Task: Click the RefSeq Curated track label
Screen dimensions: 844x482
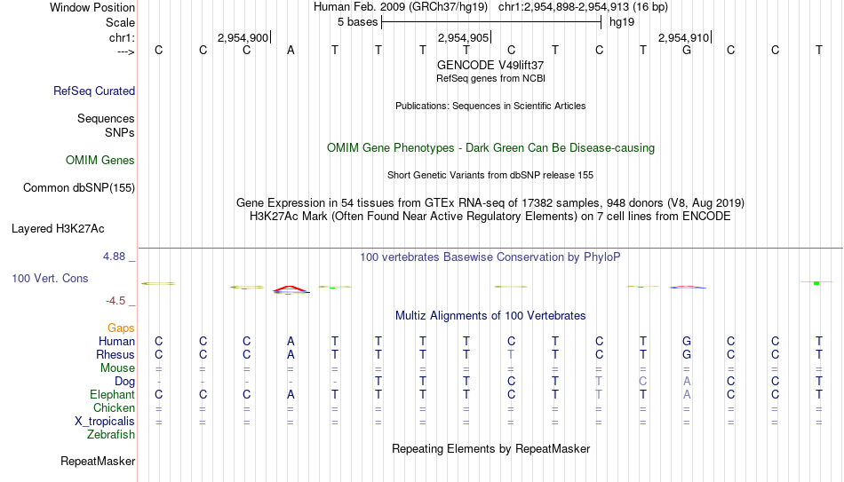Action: point(94,91)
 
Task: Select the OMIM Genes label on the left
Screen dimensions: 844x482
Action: point(100,161)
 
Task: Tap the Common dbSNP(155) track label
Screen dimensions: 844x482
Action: point(79,188)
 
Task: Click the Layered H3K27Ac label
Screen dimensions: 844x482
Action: point(58,229)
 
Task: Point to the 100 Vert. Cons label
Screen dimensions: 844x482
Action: point(50,278)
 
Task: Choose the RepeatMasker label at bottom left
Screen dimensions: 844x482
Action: point(98,461)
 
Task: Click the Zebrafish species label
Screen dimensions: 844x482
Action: point(111,434)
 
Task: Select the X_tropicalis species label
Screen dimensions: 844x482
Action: point(105,422)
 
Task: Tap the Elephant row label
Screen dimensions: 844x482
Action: point(113,394)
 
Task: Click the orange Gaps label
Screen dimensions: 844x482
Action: point(121,328)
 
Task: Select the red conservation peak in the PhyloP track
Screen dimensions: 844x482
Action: point(291,289)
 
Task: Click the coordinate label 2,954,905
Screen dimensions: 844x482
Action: point(464,37)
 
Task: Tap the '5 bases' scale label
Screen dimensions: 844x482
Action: point(357,22)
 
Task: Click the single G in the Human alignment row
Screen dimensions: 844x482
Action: point(687,341)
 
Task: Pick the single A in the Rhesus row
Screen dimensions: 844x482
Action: point(291,354)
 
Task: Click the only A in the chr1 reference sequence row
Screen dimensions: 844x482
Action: point(291,50)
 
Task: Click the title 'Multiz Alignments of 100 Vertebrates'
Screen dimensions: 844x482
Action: point(490,316)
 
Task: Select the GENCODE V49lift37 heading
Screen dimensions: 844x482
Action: point(490,65)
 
